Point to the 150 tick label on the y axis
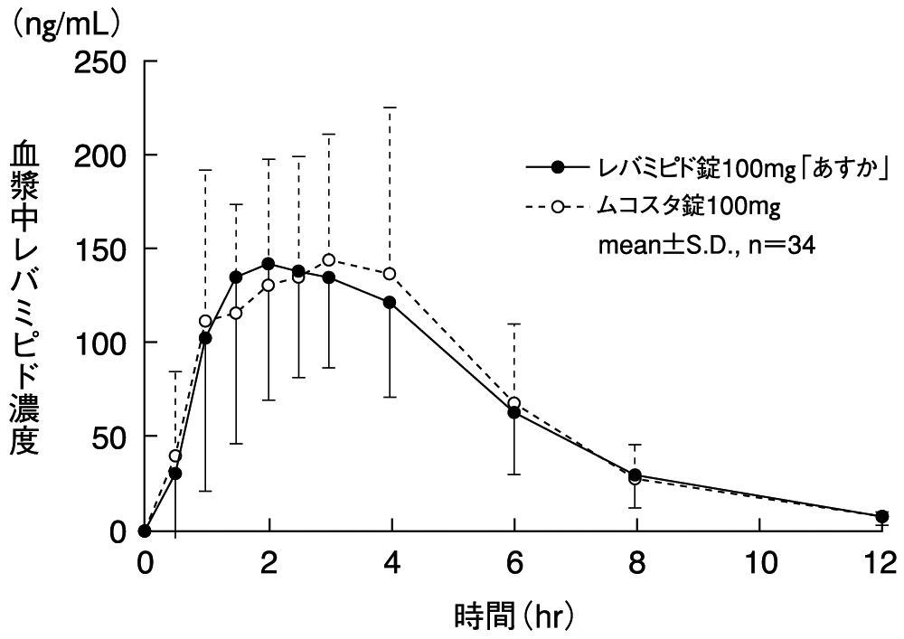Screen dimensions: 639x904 pyautogui.click(x=101, y=249)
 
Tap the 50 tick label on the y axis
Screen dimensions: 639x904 pyautogui.click(x=110, y=437)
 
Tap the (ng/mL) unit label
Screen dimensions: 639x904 pyautogui.click(x=64, y=21)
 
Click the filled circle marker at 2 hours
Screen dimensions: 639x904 pyautogui.click(x=268, y=264)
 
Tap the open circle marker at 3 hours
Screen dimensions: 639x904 pyautogui.click(x=329, y=260)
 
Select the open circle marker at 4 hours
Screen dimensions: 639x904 pyautogui.click(x=391, y=274)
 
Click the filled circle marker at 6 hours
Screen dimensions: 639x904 pyautogui.click(x=514, y=412)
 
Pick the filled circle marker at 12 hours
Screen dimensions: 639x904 pyautogui.click(x=881, y=516)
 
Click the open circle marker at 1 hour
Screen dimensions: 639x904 pyautogui.click(x=205, y=321)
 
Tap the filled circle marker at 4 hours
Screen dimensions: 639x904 pyautogui.click(x=391, y=302)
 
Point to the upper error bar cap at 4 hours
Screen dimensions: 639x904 pyautogui.click(x=391, y=108)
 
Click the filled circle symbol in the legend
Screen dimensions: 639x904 pyautogui.click(x=558, y=166)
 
